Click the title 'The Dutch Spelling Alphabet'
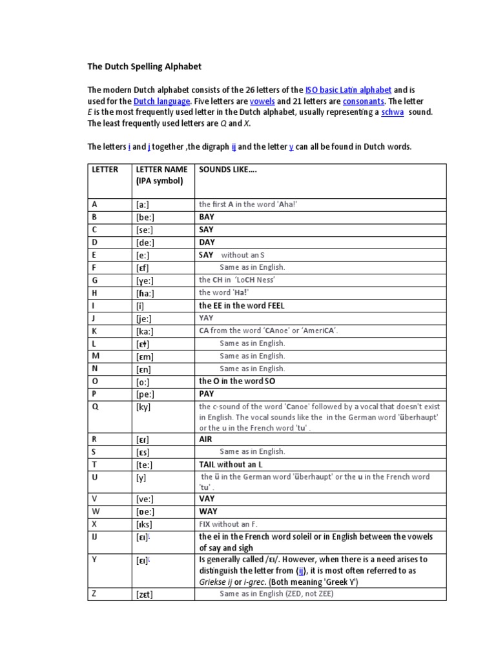145,66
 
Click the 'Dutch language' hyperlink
161,101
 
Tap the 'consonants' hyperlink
364,101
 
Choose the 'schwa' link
393,112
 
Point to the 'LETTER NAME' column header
161,170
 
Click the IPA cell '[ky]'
143,407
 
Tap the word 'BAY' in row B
207,218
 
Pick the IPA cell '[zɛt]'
145,594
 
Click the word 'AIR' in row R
206,438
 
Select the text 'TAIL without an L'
231,464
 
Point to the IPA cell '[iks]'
144,524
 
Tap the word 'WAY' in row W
207,511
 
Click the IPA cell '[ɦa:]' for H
145,293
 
